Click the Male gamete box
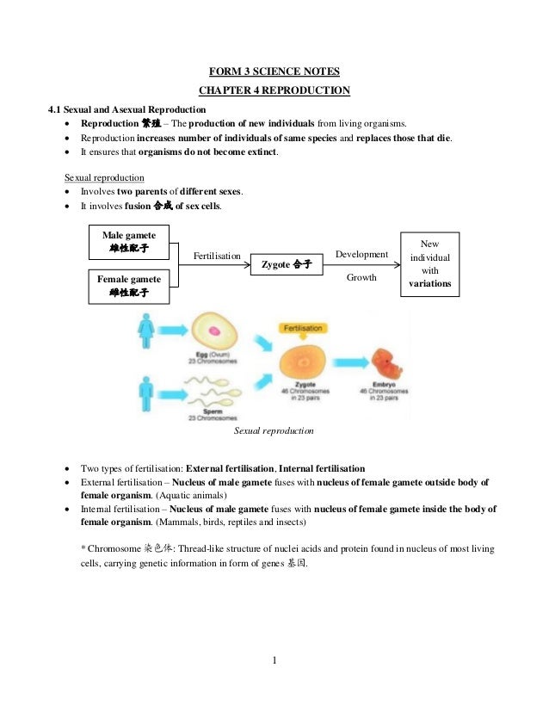click(129, 240)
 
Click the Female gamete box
click(129, 286)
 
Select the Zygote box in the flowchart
click(286, 264)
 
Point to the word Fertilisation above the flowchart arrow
click(218, 256)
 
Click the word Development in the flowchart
click(361, 255)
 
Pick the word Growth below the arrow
click(361, 278)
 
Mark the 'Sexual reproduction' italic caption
click(274, 430)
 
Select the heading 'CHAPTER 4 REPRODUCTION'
click(274, 91)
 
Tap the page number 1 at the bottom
click(274, 661)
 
